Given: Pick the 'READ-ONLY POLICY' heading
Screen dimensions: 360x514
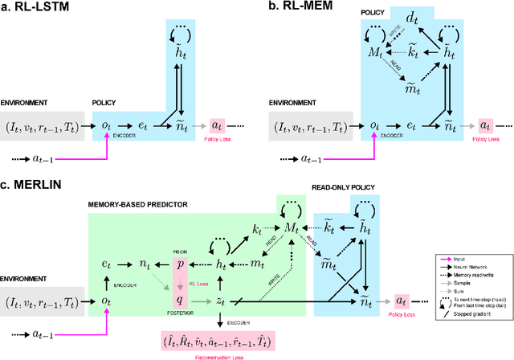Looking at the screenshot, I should pyautogui.click(x=345, y=190).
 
